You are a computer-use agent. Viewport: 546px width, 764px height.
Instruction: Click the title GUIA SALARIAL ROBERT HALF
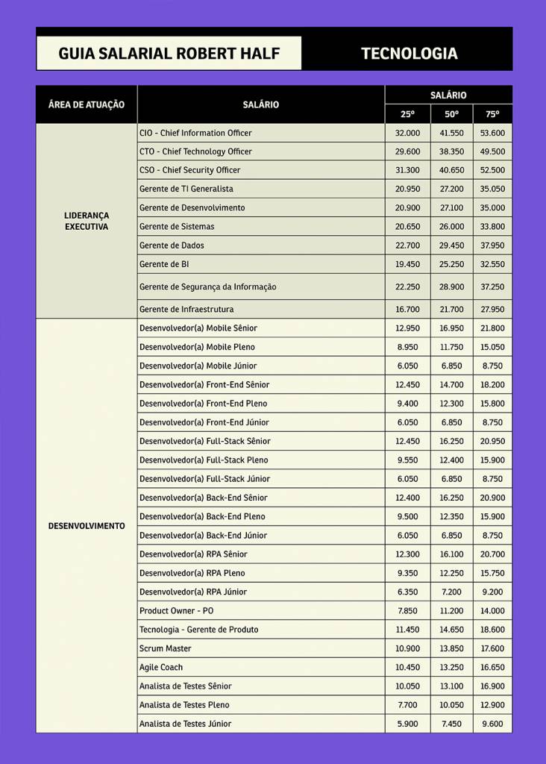[x=169, y=54]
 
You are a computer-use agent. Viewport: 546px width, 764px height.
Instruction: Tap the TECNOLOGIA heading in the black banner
[x=409, y=54]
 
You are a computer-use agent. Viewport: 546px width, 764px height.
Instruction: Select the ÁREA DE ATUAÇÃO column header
[x=87, y=104]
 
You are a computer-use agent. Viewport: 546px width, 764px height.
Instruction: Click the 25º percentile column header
[x=407, y=114]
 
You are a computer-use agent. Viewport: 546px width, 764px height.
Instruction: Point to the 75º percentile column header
[x=492, y=114]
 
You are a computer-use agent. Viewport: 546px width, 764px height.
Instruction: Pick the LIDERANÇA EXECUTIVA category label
[x=87, y=221]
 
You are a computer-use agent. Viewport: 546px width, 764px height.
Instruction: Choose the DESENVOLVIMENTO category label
[x=87, y=526]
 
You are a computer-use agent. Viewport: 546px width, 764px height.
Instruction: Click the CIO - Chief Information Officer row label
[x=195, y=133]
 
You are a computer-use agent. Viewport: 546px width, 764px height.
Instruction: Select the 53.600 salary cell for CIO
[x=492, y=133]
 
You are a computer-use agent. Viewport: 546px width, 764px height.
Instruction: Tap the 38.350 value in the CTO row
[x=451, y=151]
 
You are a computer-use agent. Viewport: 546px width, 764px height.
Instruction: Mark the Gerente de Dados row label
[x=172, y=245]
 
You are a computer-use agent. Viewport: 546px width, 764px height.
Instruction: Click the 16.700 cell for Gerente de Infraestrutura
[x=407, y=309]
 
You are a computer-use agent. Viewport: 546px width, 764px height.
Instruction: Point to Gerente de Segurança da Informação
[x=207, y=286]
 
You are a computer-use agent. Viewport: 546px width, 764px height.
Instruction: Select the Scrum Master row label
[x=166, y=648]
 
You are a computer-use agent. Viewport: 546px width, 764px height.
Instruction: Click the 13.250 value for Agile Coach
[x=451, y=667]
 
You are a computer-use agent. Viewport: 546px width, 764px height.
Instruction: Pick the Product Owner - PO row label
[x=176, y=611]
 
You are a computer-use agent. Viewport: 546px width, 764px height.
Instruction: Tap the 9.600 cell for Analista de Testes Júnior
[x=492, y=724]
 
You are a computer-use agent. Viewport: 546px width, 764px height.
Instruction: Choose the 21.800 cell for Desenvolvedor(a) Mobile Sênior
[x=492, y=328]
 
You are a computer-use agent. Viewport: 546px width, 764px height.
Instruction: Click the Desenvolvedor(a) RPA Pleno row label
[x=192, y=573]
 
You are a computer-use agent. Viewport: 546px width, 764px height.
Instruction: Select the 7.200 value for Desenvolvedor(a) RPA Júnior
[x=451, y=592]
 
